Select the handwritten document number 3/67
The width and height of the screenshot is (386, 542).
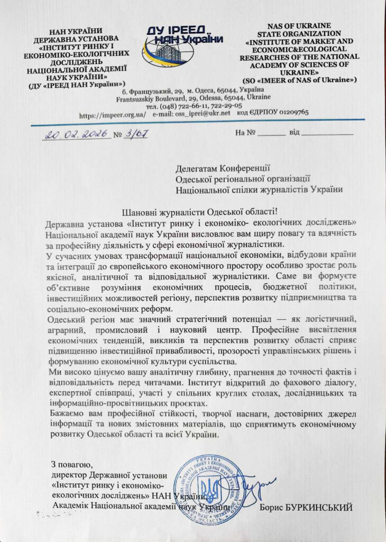coord(137,133)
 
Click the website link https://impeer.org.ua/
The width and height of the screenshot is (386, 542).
coord(112,113)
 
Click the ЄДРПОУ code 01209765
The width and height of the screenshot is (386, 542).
coord(286,113)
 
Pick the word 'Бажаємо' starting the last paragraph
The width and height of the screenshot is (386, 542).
coord(65,411)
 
